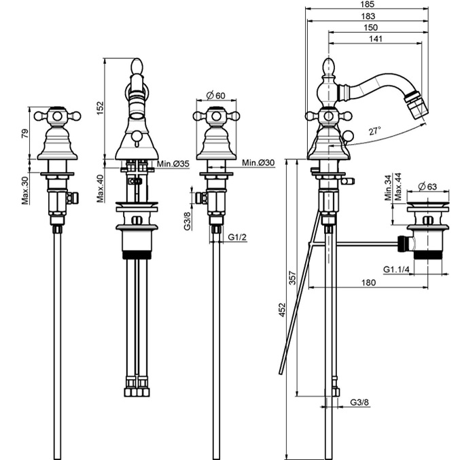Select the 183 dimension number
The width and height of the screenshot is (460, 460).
click(368, 16)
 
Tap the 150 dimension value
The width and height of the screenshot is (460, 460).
click(370, 27)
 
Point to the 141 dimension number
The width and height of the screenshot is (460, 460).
click(376, 39)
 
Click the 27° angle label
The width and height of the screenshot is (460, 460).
click(374, 130)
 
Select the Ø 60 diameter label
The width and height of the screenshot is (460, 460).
click(216, 95)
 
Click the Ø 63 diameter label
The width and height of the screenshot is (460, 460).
click(427, 186)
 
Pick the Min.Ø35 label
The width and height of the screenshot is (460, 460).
click(173, 164)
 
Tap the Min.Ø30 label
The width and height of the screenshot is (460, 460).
click(258, 162)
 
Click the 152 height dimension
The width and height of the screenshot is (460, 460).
click(100, 108)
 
